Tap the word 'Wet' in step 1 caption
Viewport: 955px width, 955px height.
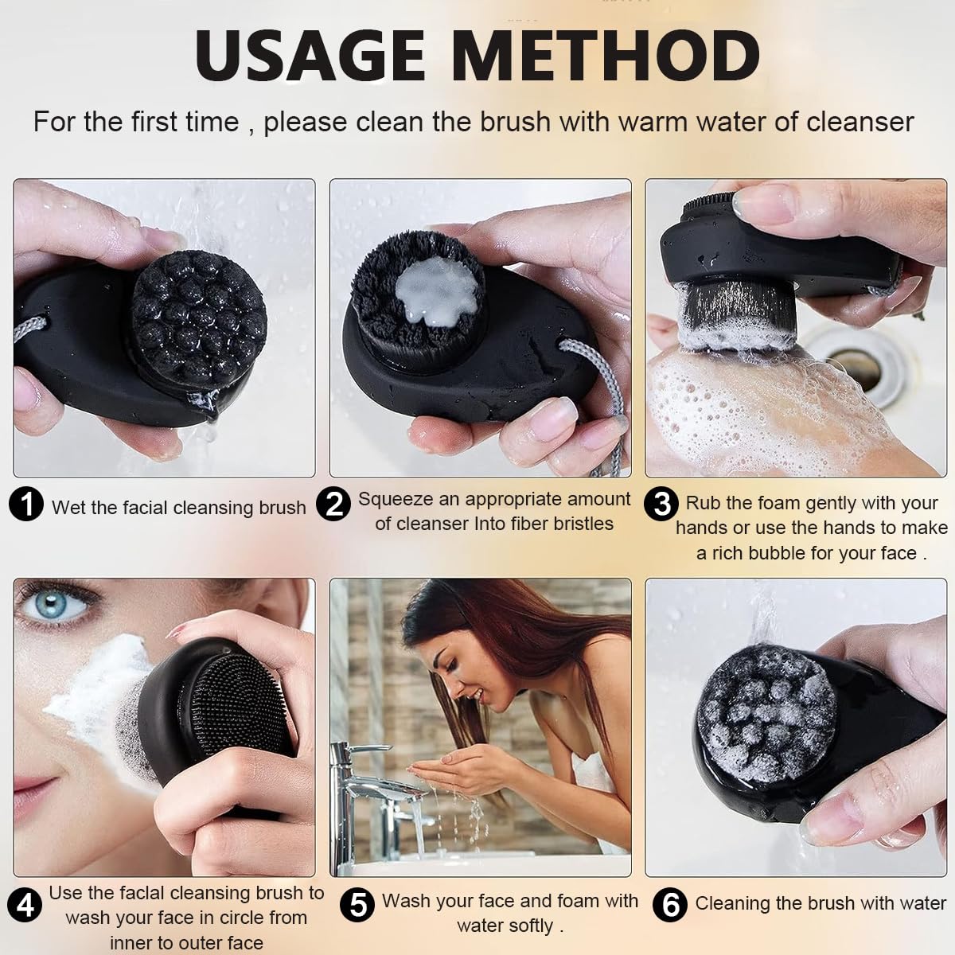coord(68,508)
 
